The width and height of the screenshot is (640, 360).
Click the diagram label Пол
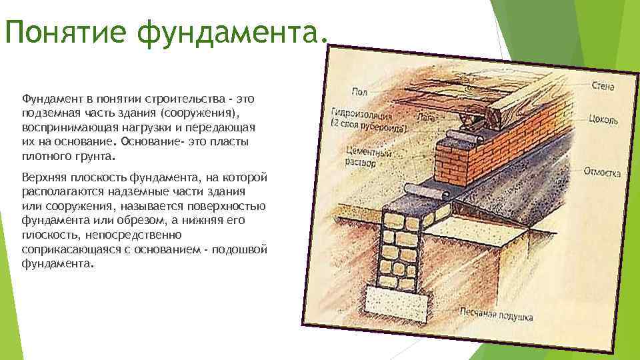(x=361, y=91)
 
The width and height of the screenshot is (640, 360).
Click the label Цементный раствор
(x=368, y=157)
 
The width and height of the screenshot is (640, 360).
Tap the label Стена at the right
(x=603, y=86)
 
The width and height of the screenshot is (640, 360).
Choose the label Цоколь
(x=603, y=121)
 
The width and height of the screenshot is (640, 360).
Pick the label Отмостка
(x=602, y=172)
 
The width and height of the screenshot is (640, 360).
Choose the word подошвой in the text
(x=245, y=249)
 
